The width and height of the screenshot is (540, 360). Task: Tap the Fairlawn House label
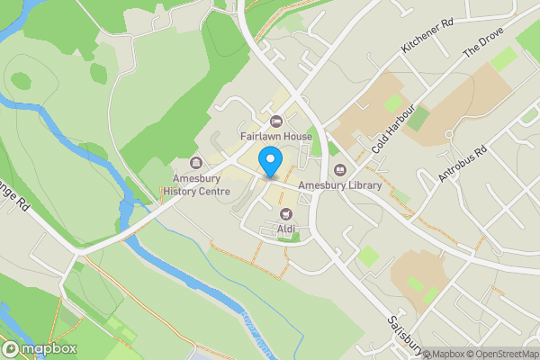tap(275, 137)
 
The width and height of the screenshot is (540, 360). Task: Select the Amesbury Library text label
tap(340, 185)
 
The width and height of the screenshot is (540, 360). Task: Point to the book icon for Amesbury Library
tap(340, 170)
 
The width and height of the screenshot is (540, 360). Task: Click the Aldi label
tap(287, 229)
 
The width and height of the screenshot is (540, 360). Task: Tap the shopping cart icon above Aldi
tap(287, 214)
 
